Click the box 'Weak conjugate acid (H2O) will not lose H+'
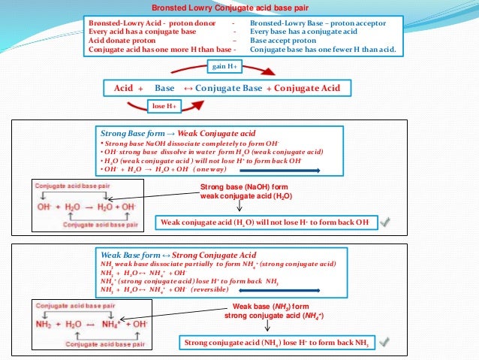click(x=264, y=222)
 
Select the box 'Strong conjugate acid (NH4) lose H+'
click(x=277, y=343)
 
